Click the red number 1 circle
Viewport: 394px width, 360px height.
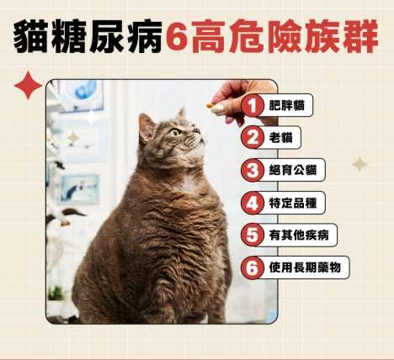pos(253,105)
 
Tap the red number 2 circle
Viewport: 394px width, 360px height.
pos(253,138)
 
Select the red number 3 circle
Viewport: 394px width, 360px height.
pos(253,170)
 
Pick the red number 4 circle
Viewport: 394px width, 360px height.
pos(253,203)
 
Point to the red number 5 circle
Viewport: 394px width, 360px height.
pos(253,236)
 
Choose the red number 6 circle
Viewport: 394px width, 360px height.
pos(253,267)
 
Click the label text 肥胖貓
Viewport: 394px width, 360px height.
pos(286,106)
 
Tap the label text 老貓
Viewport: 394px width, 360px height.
pos(280,138)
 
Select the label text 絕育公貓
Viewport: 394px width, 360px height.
pos(293,170)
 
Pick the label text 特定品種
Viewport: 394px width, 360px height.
pos(293,203)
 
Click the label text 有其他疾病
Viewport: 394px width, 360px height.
pos(299,236)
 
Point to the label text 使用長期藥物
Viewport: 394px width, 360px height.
pos(305,267)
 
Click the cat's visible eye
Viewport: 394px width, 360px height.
pos(175,132)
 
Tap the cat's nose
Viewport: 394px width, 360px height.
pos(197,130)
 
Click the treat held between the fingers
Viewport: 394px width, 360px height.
pos(210,106)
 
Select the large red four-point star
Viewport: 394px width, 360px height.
pos(28,86)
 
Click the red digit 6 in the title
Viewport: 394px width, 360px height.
pos(177,37)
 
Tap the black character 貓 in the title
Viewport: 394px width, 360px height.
pos(31,37)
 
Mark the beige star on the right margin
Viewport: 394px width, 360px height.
pos(359,164)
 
